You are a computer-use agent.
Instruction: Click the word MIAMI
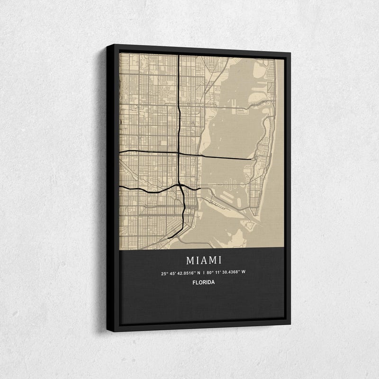coord(204,260)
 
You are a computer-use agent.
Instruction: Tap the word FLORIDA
coord(204,282)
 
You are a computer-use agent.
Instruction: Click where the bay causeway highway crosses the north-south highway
coord(179,153)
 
